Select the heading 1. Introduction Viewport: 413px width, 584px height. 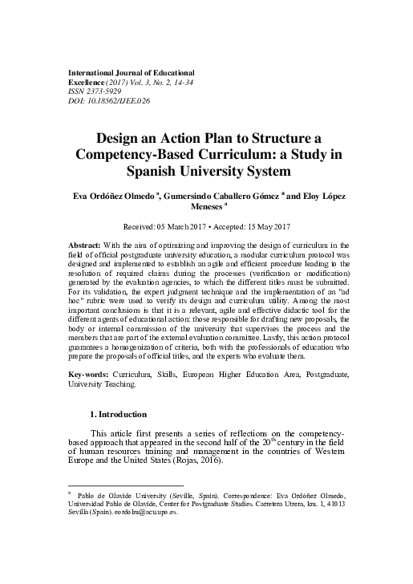pyautogui.click(x=119, y=414)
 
